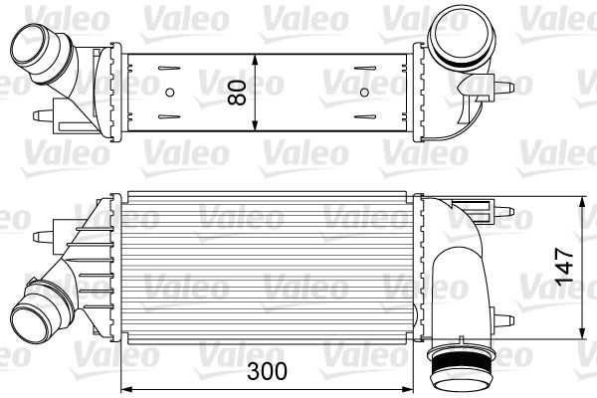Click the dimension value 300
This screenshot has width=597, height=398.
pyautogui.click(x=267, y=371)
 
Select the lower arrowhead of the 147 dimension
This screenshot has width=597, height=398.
pyautogui.click(x=581, y=332)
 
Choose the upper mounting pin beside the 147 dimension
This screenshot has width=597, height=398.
pyautogui.click(x=507, y=211)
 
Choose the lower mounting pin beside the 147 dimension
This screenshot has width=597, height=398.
pyautogui.click(x=508, y=319)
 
